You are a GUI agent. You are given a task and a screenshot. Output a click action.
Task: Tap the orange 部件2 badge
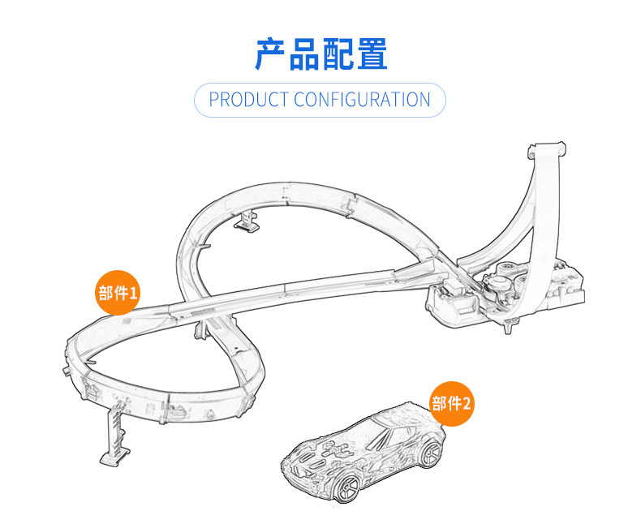451,403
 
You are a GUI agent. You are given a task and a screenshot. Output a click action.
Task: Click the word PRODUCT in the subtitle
248,100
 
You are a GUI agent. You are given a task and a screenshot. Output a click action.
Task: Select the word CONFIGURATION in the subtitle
362,100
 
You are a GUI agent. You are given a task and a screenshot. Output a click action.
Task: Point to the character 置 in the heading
371,53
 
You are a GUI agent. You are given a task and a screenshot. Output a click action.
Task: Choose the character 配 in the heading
338,53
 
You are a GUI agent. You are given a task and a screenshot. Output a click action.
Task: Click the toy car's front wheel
346,487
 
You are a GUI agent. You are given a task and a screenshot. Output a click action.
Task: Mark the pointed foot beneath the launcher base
510,327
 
